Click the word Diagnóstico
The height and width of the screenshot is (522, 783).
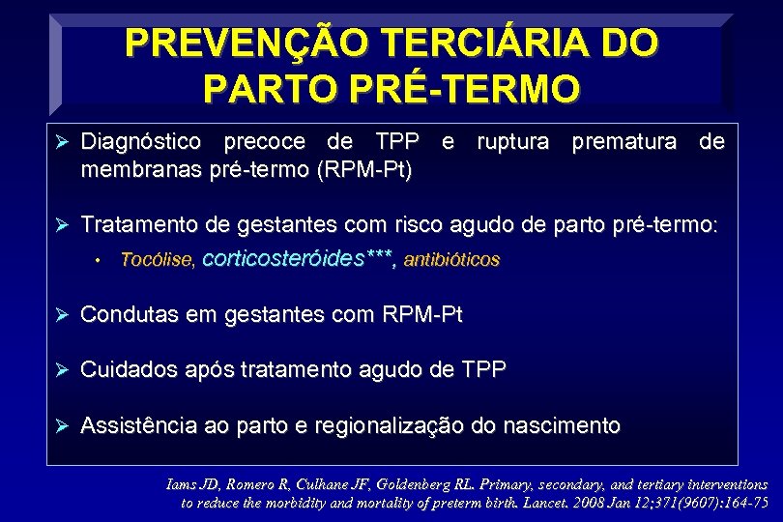(142, 143)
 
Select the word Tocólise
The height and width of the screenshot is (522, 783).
(157, 260)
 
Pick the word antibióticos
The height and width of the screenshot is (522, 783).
(451, 260)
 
